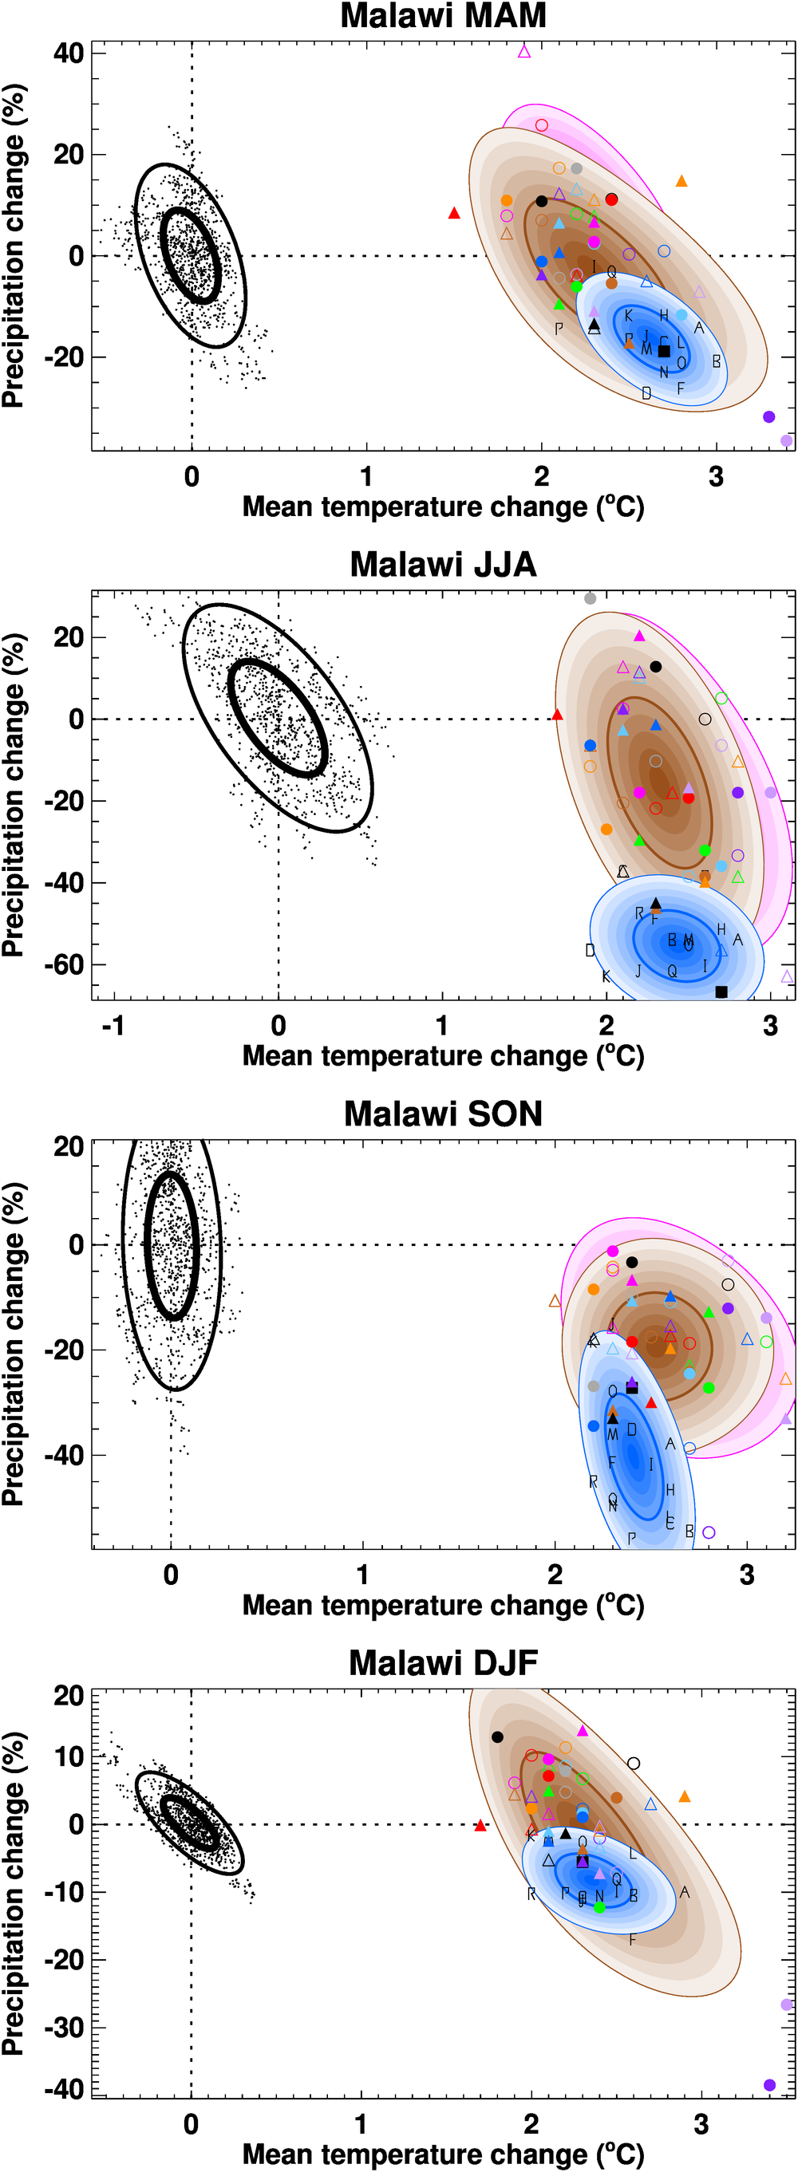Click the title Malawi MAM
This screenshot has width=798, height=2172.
[443, 16]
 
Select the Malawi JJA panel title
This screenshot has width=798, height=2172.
[443, 565]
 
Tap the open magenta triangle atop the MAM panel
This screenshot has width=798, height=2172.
[523, 51]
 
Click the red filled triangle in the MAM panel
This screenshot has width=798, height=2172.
[454, 213]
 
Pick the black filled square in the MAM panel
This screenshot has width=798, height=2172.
[664, 351]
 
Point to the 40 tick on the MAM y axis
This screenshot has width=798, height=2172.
[69, 54]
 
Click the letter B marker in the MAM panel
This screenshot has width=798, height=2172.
[716, 361]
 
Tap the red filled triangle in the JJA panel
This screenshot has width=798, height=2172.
[557, 715]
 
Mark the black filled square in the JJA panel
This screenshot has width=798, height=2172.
[721, 991]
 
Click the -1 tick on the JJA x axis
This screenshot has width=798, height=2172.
[114, 1025]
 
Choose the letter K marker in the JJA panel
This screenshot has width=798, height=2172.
[606, 976]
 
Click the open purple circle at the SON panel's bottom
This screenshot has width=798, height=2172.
[709, 1532]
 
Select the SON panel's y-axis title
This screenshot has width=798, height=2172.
[14, 1344]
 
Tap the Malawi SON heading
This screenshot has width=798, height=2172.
[443, 1114]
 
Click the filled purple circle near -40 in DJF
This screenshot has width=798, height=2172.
[769, 2085]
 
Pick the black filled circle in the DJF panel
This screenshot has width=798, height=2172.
[498, 1737]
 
